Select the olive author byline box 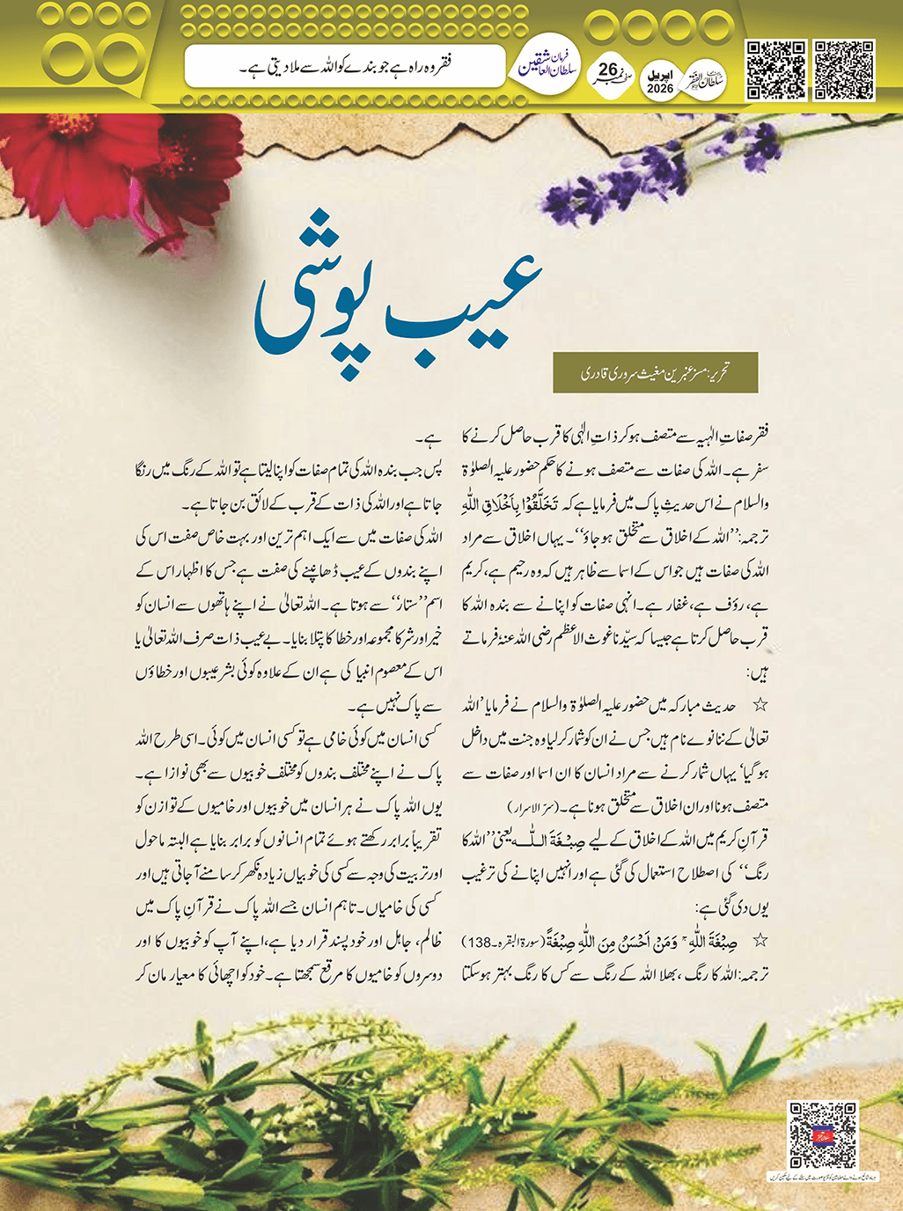pos(655,373)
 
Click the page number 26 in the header pos(608,70)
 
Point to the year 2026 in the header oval pos(660,89)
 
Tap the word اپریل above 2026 pos(660,75)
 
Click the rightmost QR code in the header pos(842,70)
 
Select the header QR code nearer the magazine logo pos(776,70)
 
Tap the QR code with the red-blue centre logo pos(822,1134)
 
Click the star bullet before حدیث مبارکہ pos(760,706)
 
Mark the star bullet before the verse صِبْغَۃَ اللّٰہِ pos(760,942)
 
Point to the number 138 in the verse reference pos(479,943)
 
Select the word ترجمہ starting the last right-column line pos(751,975)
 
